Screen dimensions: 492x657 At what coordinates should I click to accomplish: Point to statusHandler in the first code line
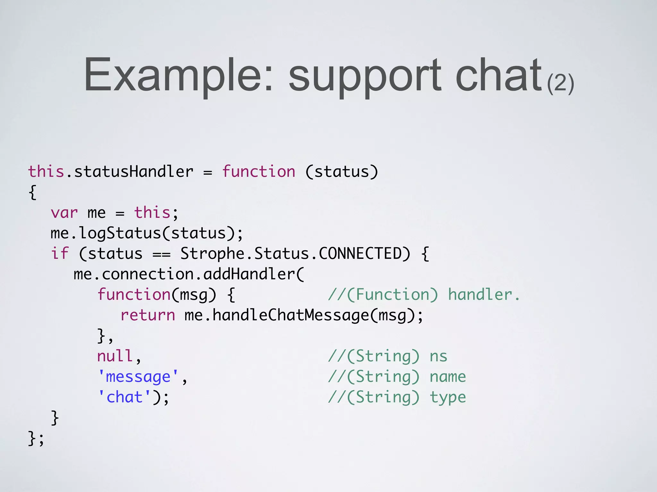tap(134, 171)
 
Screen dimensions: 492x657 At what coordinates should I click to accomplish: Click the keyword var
tap(64, 213)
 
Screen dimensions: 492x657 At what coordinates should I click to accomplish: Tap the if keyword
tap(60, 253)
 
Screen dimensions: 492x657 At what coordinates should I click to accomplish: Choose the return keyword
tap(148, 315)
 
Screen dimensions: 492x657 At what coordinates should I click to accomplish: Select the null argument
tap(115, 356)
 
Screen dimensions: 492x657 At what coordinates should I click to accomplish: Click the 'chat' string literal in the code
tap(124, 397)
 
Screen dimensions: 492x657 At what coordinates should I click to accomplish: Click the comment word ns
tap(438, 356)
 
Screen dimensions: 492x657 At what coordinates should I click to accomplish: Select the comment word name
tap(448, 377)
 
